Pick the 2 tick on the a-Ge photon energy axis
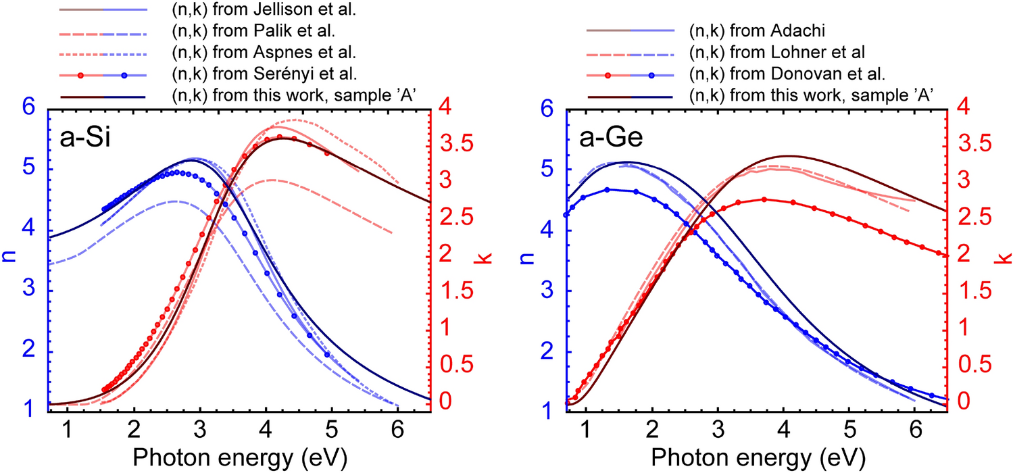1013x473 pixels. [x=651, y=430]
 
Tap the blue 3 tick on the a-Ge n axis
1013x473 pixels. [x=551, y=291]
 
